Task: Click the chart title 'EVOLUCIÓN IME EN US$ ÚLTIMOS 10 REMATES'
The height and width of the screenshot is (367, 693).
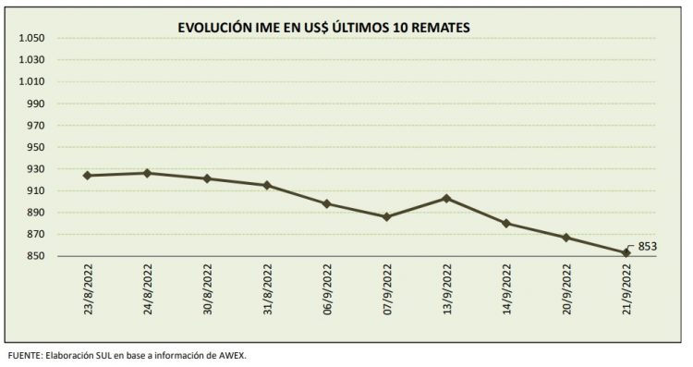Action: click(323, 28)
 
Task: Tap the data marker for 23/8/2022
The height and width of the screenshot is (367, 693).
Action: click(87, 176)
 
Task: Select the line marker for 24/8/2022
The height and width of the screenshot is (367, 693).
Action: click(147, 173)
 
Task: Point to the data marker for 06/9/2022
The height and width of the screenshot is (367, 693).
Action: click(327, 203)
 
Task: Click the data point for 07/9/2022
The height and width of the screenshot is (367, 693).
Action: click(387, 216)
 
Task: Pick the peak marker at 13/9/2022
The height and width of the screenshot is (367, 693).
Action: click(446, 198)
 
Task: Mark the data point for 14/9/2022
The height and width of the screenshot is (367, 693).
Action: click(506, 223)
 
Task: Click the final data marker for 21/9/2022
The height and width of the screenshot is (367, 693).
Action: click(626, 252)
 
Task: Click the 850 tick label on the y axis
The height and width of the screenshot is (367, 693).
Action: click(35, 256)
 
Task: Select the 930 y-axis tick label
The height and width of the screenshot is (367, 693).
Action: click(35, 169)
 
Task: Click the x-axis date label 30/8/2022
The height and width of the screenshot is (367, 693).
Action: click(207, 291)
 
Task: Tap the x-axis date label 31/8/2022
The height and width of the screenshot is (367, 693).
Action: click(267, 291)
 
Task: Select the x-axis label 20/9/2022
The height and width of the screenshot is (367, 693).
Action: click(566, 291)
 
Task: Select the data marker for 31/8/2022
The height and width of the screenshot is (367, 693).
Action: click(267, 185)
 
